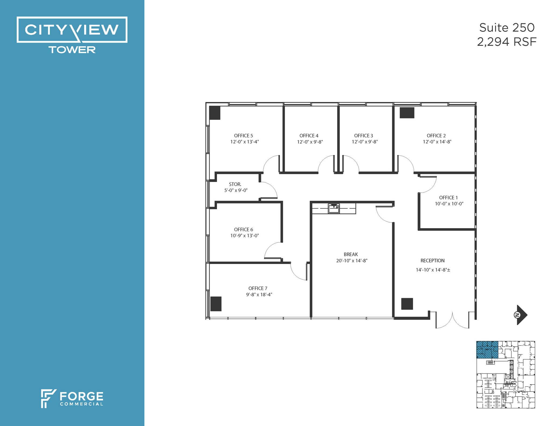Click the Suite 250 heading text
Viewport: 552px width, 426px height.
click(x=507, y=28)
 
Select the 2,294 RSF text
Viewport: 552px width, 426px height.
click(x=507, y=42)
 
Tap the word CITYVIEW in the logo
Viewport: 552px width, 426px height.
click(x=72, y=30)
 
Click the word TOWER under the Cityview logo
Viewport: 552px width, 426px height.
click(x=72, y=50)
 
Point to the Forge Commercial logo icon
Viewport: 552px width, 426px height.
click(x=48, y=398)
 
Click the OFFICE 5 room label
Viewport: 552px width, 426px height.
click(x=243, y=136)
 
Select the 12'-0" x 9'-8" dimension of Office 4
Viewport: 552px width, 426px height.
click(x=310, y=142)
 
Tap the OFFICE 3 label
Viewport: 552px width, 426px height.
click(x=363, y=136)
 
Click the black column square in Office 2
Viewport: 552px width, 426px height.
click(x=407, y=113)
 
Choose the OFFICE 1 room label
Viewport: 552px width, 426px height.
click(x=448, y=198)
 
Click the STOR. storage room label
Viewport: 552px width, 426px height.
click(x=235, y=184)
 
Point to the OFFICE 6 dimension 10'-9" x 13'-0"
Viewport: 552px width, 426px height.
click(x=244, y=235)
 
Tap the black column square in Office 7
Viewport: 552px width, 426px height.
click(x=216, y=304)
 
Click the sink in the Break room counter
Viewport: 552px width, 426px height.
click(x=334, y=209)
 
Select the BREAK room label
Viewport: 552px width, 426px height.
click(x=351, y=254)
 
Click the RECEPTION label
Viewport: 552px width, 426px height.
click(x=432, y=260)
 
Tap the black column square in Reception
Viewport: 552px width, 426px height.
click(x=407, y=304)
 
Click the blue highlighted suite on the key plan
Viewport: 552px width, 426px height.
click(x=487, y=350)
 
